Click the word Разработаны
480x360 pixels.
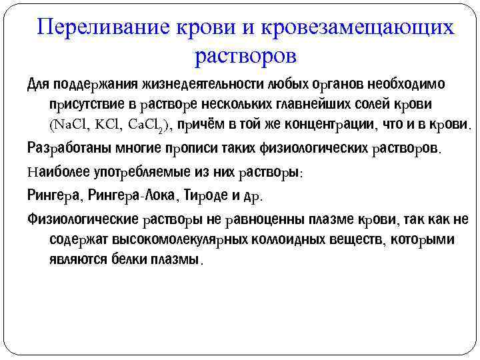point(66,147)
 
